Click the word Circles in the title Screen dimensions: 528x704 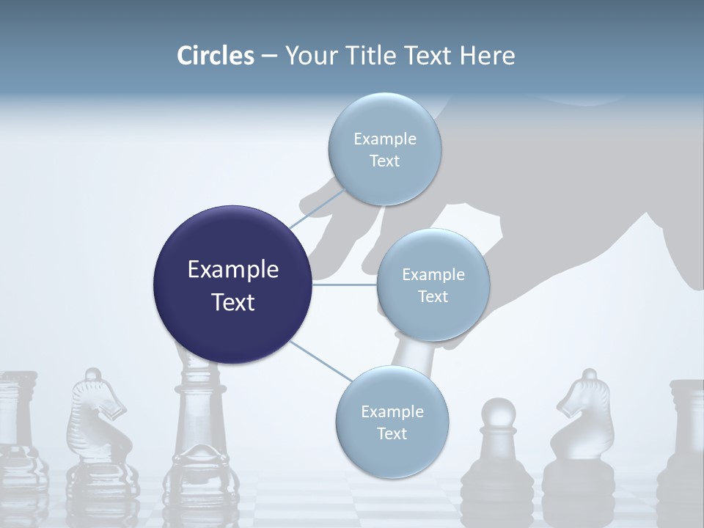coord(215,56)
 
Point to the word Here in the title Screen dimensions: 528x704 coord(488,56)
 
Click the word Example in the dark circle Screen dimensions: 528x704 coord(232,270)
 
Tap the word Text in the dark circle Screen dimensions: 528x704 coord(232,302)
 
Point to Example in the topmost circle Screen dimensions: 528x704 coord(384,139)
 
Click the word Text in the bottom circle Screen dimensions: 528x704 coord(392,433)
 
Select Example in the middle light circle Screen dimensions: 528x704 coord(433,275)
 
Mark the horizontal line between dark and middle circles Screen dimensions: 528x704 coord(344,284)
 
